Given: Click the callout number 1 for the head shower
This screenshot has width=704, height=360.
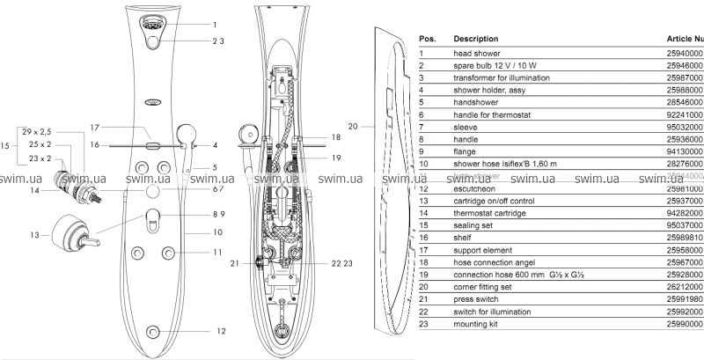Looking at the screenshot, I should pyautogui.click(x=214, y=26).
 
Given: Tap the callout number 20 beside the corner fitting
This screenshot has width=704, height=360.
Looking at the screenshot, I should pyautogui.click(x=353, y=127).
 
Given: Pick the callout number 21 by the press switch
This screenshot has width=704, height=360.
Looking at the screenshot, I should pyautogui.click(x=235, y=263).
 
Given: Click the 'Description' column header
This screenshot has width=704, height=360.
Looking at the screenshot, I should pyautogui.click(x=475, y=39).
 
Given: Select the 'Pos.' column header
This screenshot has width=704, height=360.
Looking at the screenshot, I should pyautogui.click(x=428, y=39).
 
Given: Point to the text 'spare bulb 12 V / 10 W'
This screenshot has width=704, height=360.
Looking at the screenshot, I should pyautogui.click(x=496, y=65).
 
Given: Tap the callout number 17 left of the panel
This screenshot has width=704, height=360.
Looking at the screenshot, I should pyautogui.click(x=94, y=128).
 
